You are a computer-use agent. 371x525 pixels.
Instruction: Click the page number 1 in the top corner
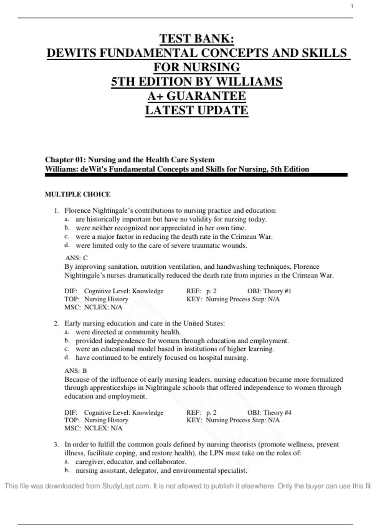click(352, 6)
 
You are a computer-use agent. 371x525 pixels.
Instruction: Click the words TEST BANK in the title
click(197, 39)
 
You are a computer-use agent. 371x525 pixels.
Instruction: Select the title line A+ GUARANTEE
click(197, 96)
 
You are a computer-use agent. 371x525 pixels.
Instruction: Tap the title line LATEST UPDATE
click(197, 110)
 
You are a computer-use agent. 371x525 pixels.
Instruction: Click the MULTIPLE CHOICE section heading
click(78, 194)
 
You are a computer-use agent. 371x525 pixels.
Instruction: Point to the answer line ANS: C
click(77, 258)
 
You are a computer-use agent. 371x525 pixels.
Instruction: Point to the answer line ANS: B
click(76, 371)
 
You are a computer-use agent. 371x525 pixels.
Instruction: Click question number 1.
click(56, 211)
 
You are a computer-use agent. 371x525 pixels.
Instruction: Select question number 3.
click(56, 445)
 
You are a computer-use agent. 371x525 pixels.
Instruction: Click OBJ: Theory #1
click(269, 291)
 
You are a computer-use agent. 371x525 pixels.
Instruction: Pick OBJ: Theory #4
click(269, 413)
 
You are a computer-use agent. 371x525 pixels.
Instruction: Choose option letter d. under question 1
click(67, 246)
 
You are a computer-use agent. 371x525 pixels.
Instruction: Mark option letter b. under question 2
click(67, 341)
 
